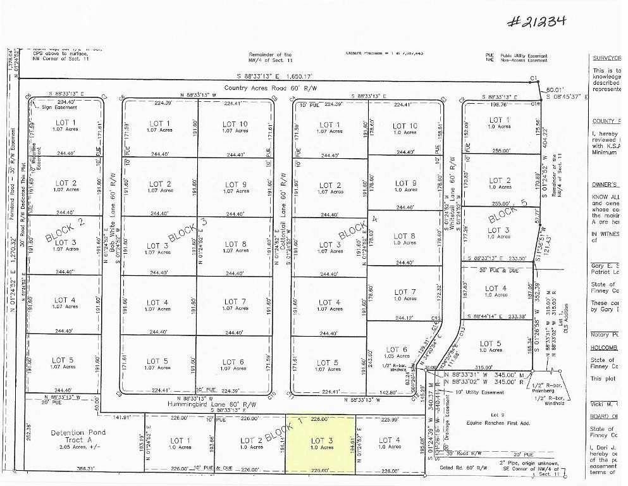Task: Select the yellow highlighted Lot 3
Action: pos(320,444)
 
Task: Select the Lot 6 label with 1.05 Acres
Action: pos(397,352)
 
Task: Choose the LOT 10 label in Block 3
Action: pos(234,127)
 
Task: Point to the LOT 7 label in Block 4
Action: pos(405,296)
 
